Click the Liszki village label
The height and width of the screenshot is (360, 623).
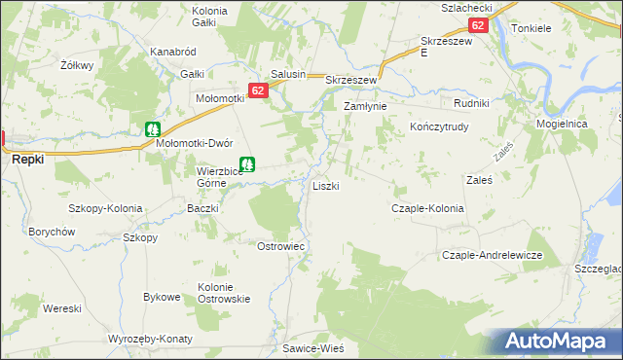325,186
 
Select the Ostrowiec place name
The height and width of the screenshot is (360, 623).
280,246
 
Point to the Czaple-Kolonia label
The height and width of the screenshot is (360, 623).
426,208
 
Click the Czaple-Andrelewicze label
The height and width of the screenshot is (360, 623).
492,255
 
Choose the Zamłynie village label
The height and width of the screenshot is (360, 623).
365,106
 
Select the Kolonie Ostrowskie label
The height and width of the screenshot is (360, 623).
225,293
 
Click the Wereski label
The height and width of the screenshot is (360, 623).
61,308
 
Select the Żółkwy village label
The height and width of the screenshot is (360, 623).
75,65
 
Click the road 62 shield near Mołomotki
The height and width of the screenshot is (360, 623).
257,90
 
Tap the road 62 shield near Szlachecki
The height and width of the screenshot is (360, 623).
477,26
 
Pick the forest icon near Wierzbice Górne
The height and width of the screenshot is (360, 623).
248,165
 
